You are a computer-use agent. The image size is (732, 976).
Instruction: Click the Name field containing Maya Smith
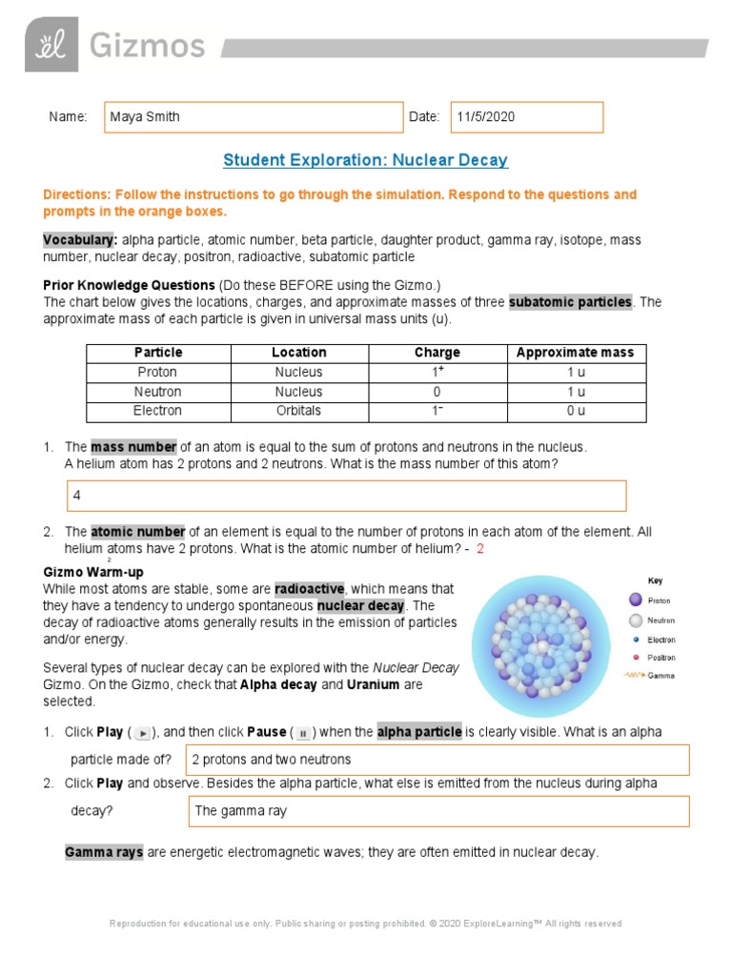click(x=254, y=117)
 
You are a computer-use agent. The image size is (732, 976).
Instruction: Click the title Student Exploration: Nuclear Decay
click(x=365, y=160)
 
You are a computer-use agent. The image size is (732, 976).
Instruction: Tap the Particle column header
click(x=158, y=353)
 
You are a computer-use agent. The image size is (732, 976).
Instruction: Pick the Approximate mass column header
click(x=575, y=353)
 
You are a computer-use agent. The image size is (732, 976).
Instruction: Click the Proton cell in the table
click(x=158, y=373)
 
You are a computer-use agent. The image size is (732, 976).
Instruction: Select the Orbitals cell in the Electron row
click(x=298, y=412)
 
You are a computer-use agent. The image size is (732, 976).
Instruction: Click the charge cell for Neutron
click(x=437, y=392)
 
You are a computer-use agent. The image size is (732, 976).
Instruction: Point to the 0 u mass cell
click(x=575, y=412)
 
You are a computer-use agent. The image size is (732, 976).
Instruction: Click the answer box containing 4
click(x=346, y=497)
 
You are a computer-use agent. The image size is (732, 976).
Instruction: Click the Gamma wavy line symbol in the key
click(x=632, y=676)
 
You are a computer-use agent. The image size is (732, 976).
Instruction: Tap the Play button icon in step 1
click(x=142, y=733)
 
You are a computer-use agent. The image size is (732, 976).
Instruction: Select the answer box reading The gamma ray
click(x=438, y=811)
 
